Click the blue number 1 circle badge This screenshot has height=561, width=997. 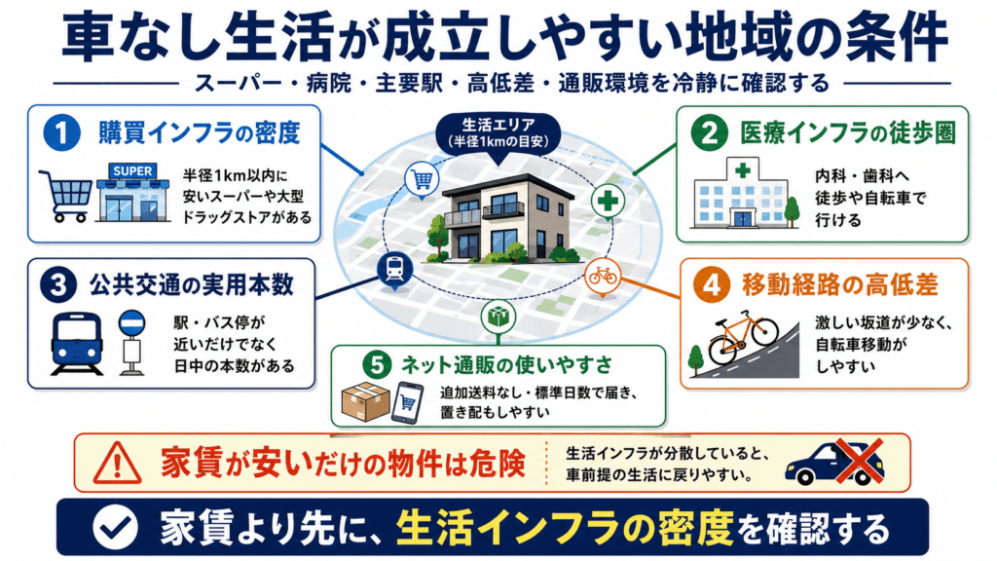pos(61,132)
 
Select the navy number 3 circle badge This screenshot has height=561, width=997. pos(57,285)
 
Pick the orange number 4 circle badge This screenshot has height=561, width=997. pos(712,285)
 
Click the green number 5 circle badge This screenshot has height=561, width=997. pos(377,365)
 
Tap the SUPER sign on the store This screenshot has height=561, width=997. pos(132,171)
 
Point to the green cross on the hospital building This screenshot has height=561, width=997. pos(742,169)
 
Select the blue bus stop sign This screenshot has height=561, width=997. pos(131,323)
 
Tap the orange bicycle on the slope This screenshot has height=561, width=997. pos(743,337)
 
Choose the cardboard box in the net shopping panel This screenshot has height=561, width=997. pos(366,401)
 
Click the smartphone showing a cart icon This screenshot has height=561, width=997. pos(408,402)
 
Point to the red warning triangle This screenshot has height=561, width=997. pos(117,463)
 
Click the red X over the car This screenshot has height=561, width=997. pos(859,461)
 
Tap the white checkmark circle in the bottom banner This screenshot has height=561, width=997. pos(115,527)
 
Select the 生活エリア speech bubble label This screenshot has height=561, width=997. pos(498,132)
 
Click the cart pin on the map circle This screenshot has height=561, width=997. pos(423,180)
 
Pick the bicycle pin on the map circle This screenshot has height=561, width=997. pos(602,277)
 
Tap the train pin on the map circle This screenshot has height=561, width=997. pos(394,270)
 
